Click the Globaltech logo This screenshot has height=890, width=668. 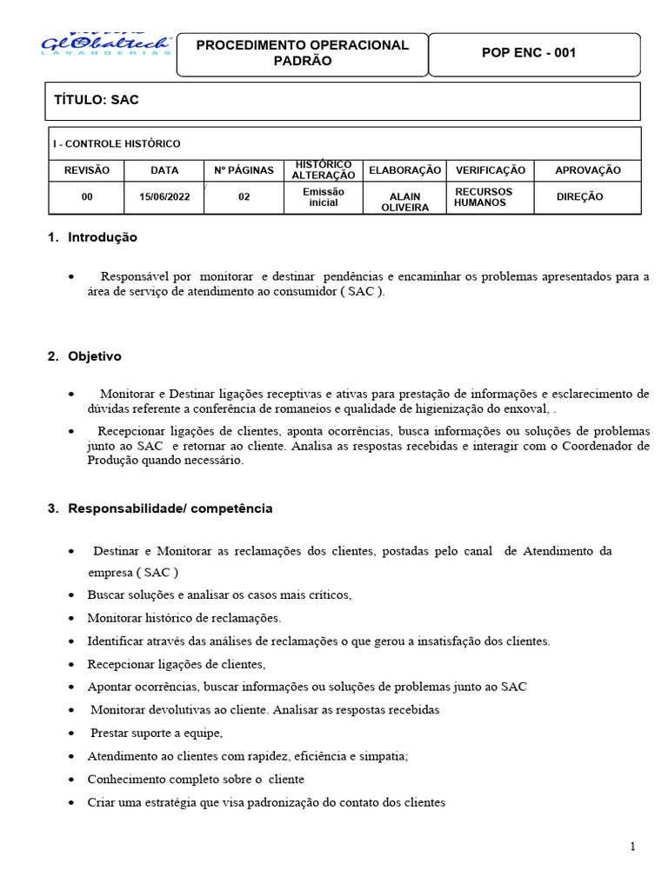click(106, 44)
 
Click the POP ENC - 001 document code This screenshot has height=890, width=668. click(529, 53)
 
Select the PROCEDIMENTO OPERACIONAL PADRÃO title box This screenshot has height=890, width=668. click(302, 53)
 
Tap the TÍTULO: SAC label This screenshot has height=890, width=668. click(97, 101)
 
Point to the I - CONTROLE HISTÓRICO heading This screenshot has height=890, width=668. click(117, 144)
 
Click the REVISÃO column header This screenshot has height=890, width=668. click(87, 171)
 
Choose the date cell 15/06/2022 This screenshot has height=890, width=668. click(164, 197)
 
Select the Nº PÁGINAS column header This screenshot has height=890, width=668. click(244, 171)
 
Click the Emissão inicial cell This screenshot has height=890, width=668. click(323, 197)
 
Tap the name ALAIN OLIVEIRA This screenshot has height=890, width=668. click(404, 202)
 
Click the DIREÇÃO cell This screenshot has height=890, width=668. click(579, 197)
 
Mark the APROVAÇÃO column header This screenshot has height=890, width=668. click(588, 171)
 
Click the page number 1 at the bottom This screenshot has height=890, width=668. click(633, 847)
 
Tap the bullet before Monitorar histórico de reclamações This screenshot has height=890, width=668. click(70, 619)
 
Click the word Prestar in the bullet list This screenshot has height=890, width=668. click(110, 733)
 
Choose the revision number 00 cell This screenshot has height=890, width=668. click(87, 197)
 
